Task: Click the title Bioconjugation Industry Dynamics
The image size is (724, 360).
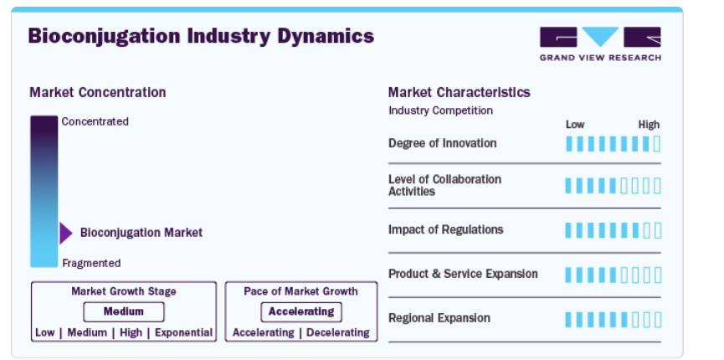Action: click(x=201, y=36)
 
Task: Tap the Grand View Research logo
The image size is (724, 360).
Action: click(x=600, y=44)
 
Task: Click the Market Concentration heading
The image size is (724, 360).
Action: click(x=97, y=92)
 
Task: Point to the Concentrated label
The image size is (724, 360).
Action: click(x=95, y=121)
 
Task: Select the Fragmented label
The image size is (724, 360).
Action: click(x=91, y=263)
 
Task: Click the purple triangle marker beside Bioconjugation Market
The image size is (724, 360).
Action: click(x=66, y=233)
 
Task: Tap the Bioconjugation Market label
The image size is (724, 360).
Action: click(x=141, y=233)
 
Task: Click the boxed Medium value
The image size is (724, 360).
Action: click(x=124, y=312)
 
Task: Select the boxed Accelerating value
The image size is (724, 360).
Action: click(x=301, y=312)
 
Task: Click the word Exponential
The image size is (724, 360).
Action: click(x=184, y=332)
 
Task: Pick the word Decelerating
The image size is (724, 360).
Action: click(x=338, y=332)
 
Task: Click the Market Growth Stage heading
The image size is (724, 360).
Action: click(x=124, y=291)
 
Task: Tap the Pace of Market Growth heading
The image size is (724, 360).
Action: click(x=301, y=291)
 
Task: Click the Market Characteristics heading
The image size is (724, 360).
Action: click(x=459, y=92)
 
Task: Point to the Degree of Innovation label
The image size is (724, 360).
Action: click(x=442, y=143)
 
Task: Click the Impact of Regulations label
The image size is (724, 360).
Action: click(x=445, y=229)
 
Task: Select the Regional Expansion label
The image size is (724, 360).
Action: click(x=439, y=318)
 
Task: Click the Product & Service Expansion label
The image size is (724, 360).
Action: click(x=463, y=274)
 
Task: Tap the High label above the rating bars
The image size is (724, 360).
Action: click(x=649, y=125)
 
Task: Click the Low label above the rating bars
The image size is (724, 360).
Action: click(x=575, y=125)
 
